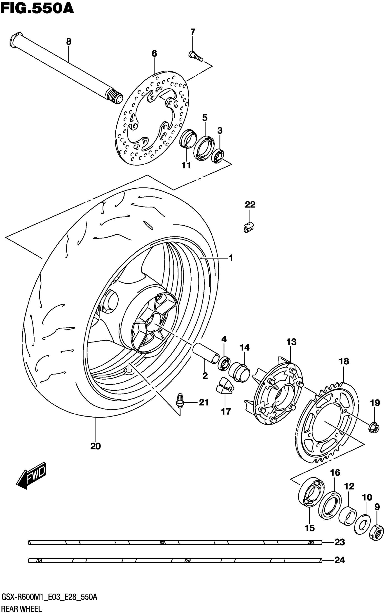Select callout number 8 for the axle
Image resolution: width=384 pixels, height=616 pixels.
coord(69,41)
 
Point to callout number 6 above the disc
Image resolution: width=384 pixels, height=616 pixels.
coord(154,53)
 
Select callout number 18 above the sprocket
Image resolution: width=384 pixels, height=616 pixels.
coord(344,361)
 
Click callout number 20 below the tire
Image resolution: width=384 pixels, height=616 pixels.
coord(96,446)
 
